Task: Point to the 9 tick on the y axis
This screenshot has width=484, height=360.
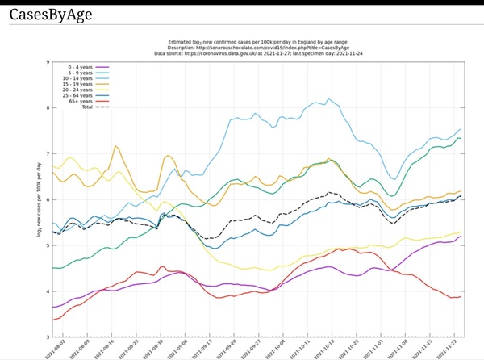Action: (48, 62)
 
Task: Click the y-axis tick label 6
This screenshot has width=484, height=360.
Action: (48, 199)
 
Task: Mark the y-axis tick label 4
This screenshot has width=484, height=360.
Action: (48, 291)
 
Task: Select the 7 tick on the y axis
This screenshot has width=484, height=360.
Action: (48, 153)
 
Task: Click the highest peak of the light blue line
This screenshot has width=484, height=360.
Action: (328, 98)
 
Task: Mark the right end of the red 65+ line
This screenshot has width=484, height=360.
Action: (461, 296)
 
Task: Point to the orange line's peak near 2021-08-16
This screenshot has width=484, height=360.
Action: (116, 146)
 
